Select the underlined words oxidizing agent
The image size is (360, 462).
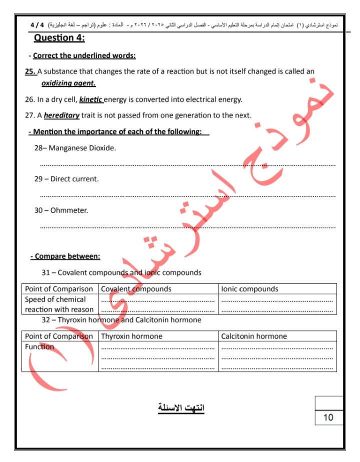coord(68,83)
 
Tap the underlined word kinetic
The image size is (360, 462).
coord(90,99)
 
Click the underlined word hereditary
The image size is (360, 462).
coord(62,115)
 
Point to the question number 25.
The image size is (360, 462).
coord(30,71)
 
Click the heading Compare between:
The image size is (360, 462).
coord(65,256)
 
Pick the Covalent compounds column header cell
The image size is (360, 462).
coord(136,289)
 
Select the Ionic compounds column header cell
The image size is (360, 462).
coord(250,289)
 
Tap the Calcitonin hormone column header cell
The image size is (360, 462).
coord(254,336)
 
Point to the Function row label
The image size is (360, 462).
coord(39,347)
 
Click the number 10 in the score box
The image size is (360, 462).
coord(328,417)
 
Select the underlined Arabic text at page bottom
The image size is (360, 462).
coord(181,408)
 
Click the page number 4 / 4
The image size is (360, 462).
coord(37,24)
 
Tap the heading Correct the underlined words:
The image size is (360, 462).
coord(84,55)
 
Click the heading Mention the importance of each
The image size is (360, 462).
coord(118,132)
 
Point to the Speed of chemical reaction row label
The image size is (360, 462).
coord(59,304)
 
